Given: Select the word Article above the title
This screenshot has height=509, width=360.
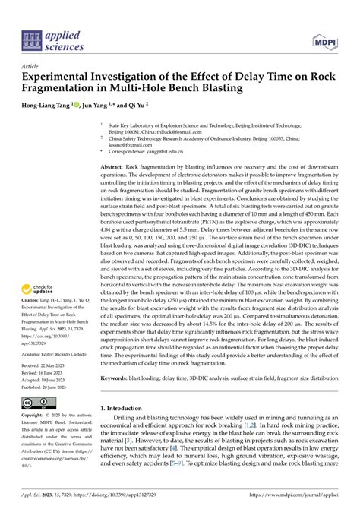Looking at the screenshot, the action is click(33, 66).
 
